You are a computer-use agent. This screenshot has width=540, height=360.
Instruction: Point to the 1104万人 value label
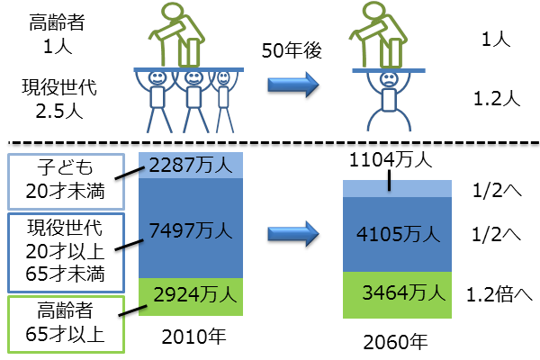[x=390, y=161]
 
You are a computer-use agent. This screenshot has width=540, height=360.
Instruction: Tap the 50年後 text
[x=293, y=49]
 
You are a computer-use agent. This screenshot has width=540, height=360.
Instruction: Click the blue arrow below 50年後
[x=293, y=85]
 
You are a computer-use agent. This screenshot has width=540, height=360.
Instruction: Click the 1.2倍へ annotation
[x=497, y=293]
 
